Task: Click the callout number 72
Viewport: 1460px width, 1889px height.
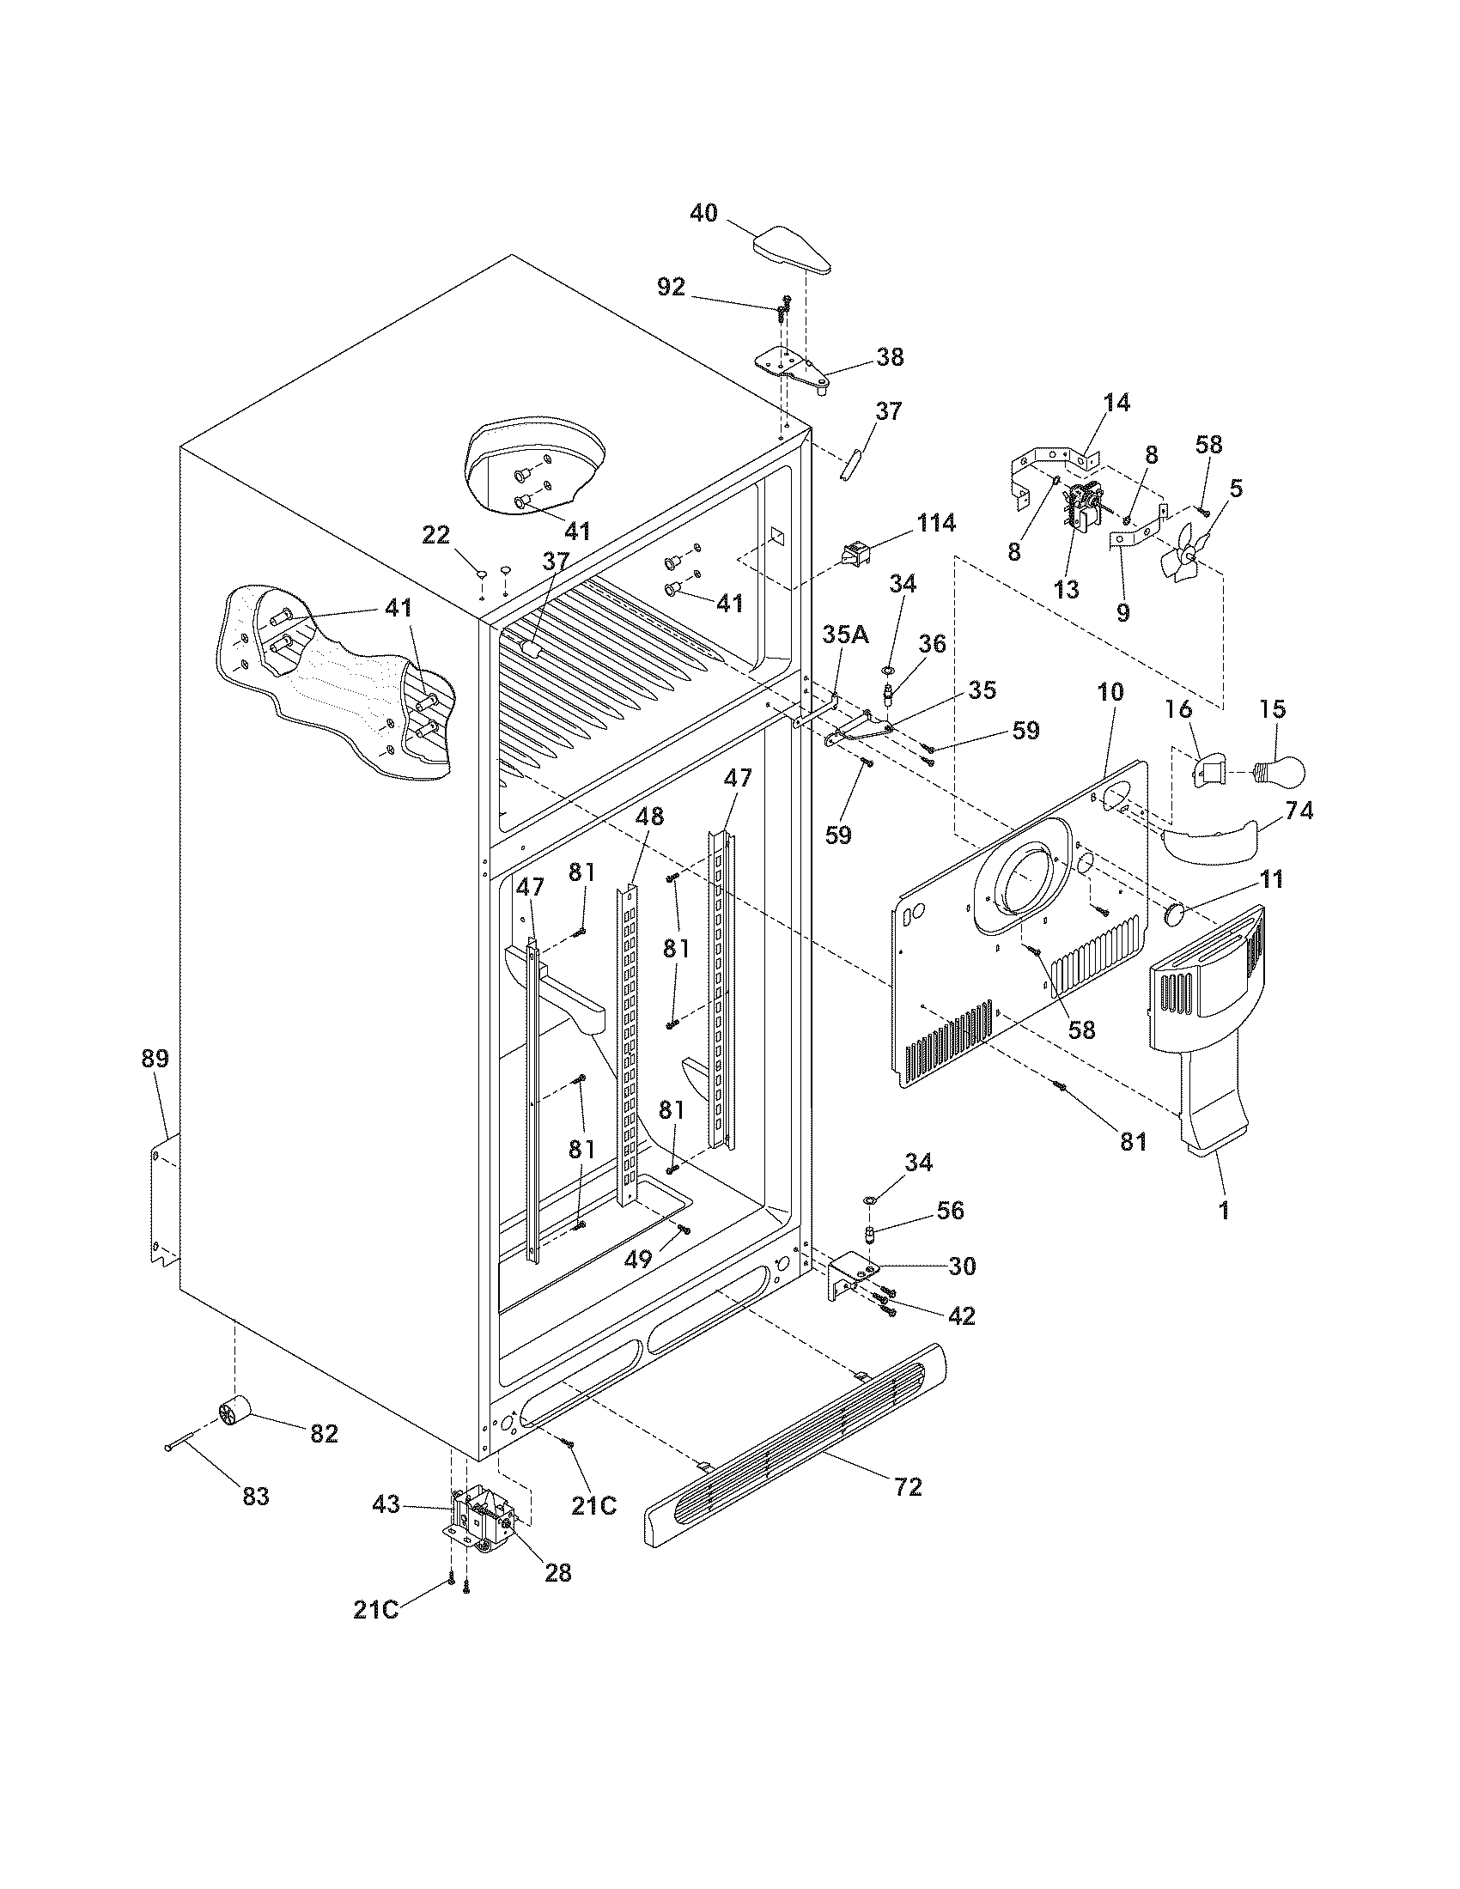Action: click(909, 1486)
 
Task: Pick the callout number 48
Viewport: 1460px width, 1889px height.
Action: click(649, 817)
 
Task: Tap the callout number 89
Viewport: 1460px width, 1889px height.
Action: click(155, 1058)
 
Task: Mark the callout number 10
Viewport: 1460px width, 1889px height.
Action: click(1110, 692)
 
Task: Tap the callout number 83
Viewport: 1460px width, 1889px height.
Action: click(255, 1496)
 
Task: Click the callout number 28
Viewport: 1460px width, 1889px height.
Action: click(559, 1572)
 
